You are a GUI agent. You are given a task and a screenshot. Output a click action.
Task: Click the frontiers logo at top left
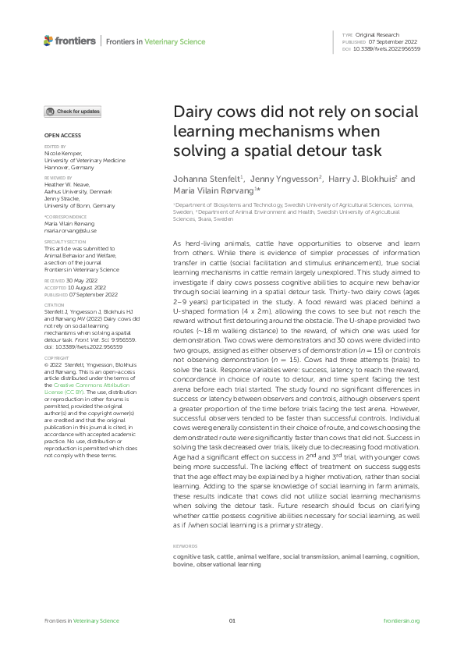coord(69,41)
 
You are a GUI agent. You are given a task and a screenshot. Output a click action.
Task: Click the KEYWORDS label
coord(185,545)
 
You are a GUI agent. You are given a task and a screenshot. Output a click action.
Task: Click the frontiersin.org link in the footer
coord(402,620)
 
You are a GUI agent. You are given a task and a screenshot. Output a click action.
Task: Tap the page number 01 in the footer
coord(232,620)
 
